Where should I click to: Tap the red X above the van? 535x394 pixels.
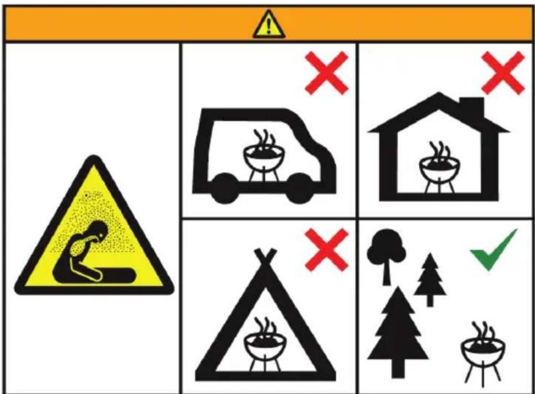click(x=326, y=72)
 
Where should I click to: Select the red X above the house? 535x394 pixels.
click(x=502, y=72)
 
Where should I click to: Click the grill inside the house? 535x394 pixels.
click(x=439, y=166)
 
